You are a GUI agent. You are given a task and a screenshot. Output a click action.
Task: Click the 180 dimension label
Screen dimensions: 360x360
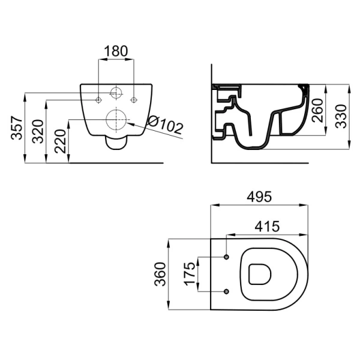click(116, 51)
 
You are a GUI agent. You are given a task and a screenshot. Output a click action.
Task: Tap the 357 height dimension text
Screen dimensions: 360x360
click(17, 128)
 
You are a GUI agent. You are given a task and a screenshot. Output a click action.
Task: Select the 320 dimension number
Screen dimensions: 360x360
click(38, 131)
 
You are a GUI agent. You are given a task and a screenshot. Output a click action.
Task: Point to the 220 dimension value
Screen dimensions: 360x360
click(60, 142)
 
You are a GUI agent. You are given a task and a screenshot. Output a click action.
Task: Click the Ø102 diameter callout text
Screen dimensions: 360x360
click(166, 125)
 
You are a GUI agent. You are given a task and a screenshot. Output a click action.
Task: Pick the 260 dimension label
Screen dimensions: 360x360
click(317, 110)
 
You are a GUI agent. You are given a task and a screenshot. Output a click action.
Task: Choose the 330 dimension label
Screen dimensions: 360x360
click(340, 116)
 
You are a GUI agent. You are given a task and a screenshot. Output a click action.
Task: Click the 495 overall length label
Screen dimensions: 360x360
click(259, 197)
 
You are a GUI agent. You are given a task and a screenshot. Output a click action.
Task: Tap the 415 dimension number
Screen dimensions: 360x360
click(267, 226)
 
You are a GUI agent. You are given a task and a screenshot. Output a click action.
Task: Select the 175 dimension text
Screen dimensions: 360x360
click(190, 274)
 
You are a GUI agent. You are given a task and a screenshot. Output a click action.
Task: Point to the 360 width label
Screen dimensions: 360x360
click(160, 274)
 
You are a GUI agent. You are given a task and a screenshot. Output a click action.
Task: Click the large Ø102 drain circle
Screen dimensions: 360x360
click(116, 119)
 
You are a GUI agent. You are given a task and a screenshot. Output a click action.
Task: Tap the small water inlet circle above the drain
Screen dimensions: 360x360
click(116, 93)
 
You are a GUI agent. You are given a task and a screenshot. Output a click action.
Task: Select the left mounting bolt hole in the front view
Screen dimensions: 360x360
click(98, 100)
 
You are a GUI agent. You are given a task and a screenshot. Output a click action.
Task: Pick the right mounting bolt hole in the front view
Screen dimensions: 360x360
click(133, 100)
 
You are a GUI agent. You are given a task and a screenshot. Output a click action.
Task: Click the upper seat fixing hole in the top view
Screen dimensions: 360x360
click(227, 257)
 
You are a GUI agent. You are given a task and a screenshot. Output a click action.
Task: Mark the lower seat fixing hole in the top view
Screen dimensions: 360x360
click(227, 292)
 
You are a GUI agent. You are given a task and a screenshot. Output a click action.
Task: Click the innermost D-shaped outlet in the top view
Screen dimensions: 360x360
click(260, 274)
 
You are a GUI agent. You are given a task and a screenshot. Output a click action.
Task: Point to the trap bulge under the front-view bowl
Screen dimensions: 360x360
click(116, 143)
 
